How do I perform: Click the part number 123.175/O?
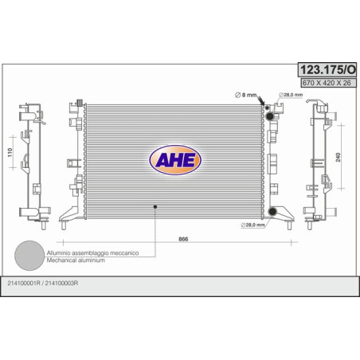click(x=327, y=70)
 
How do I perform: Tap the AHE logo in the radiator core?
click(x=175, y=160)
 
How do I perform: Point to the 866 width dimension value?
click(x=183, y=239)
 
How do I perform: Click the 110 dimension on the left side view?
click(x=10, y=152)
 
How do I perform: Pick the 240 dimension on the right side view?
click(x=338, y=157)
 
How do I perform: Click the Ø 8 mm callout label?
click(x=246, y=95)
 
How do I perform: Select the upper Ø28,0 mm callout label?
click(x=291, y=95)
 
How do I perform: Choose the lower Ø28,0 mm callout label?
click(x=253, y=225)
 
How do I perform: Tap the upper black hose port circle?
click(x=270, y=116)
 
